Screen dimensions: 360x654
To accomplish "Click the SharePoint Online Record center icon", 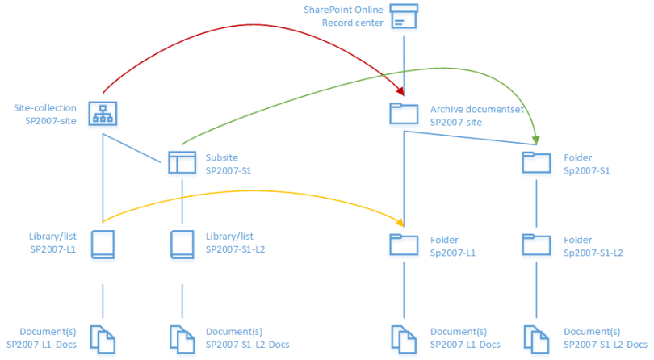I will click(404, 16).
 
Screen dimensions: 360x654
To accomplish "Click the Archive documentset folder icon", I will click(404, 114).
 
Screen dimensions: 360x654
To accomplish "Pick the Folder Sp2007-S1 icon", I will click(536, 162).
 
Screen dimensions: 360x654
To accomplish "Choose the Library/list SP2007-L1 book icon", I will click(103, 244).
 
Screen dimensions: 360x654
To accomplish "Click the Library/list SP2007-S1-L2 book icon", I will click(182, 244).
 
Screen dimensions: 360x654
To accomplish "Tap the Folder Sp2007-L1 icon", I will click(404, 245).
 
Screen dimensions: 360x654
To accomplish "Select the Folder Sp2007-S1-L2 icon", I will click(536, 245).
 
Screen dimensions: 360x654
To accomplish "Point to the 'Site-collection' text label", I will click(45, 107).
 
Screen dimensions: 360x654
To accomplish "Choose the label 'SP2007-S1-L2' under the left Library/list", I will click(236, 249).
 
